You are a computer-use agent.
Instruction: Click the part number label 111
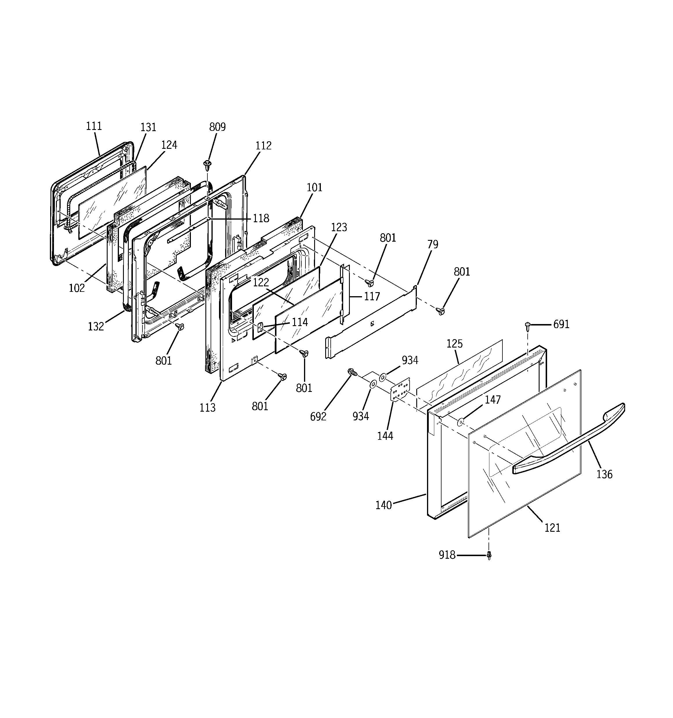(x=94, y=126)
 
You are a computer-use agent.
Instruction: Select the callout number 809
(x=218, y=127)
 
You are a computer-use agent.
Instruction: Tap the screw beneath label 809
(x=207, y=165)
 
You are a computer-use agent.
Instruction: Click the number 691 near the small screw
(x=561, y=324)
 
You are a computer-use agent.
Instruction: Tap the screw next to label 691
(x=527, y=325)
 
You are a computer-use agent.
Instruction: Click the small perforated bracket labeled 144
(x=401, y=389)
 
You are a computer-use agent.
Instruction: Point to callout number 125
(x=455, y=343)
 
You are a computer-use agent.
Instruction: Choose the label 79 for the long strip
(x=433, y=245)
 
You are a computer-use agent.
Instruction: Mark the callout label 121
(x=552, y=528)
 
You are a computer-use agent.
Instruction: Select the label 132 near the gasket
(x=96, y=326)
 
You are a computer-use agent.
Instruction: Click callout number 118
(x=261, y=218)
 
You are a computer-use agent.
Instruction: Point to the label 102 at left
(x=77, y=288)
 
